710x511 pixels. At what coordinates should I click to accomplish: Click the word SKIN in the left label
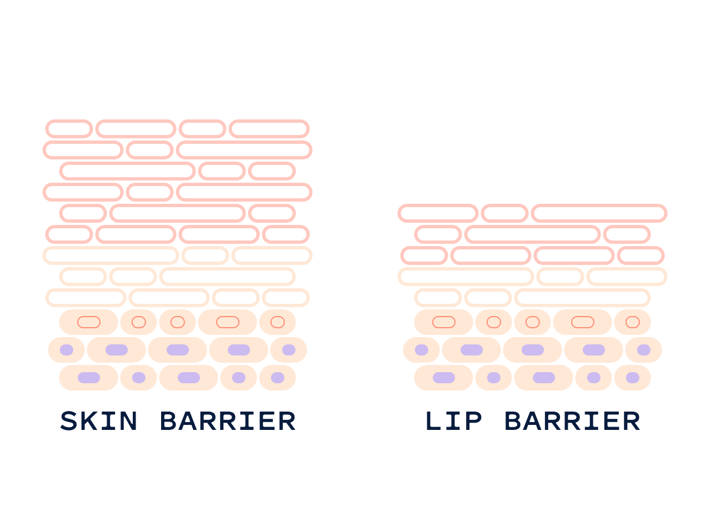[98, 422]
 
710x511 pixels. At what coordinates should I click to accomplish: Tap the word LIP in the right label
[453, 422]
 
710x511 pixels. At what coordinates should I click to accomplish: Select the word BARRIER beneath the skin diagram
[228, 422]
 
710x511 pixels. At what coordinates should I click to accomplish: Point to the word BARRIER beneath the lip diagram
[572, 422]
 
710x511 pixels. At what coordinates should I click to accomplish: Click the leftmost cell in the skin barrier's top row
[69, 129]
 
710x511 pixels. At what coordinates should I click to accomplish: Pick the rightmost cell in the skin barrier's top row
[269, 129]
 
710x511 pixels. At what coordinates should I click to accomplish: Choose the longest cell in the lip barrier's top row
[599, 213]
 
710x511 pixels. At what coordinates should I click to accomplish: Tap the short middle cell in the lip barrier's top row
[504, 213]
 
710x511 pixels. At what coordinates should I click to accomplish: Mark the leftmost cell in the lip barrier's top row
[438, 213]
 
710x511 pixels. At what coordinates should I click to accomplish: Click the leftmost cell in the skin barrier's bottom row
[88, 378]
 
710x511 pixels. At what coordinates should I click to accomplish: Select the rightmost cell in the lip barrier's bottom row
[632, 378]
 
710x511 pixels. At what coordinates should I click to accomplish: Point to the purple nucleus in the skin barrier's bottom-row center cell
[189, 378]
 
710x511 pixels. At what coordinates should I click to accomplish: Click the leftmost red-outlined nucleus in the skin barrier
[89, 322]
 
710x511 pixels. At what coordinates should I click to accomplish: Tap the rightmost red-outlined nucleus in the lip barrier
[632, 322]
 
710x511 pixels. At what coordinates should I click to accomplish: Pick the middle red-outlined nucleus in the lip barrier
[532, 322]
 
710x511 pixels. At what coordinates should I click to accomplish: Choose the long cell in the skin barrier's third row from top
[127, 171]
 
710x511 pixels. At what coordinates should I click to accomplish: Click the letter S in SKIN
[69, 422]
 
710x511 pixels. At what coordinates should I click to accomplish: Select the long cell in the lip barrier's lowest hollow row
[582, 298]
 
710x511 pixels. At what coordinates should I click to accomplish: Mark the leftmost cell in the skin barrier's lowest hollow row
[86, 298]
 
